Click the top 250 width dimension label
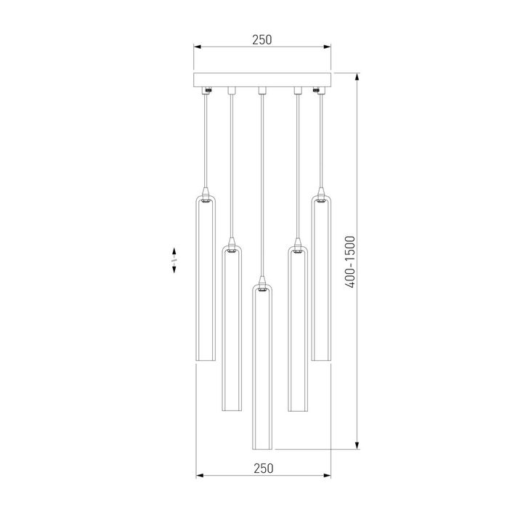[261, 40]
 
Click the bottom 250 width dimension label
[263, 469]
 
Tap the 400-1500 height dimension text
[350, 262]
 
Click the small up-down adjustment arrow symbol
[174, 259]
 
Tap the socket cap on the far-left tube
[206, 200]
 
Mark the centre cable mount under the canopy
[262, 91]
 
